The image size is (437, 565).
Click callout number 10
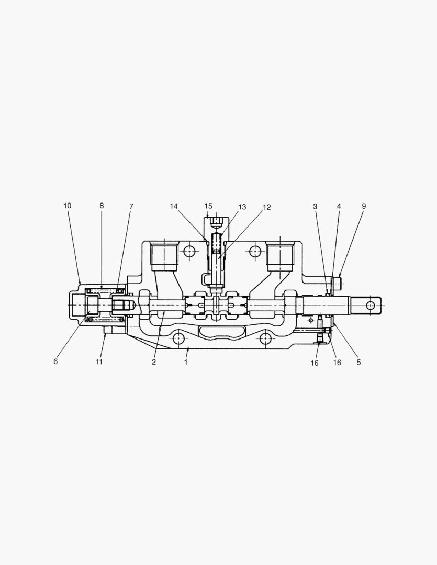point(68,206)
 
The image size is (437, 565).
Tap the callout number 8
point(102,206)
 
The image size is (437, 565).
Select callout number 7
point(131,206)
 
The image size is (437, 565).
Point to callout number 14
point(174,206)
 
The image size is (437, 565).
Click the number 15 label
point(208,206)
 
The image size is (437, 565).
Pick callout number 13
point(242,207)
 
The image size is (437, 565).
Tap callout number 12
point(266,207)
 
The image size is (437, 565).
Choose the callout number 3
point(315,206)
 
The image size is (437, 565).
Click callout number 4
point(339,206)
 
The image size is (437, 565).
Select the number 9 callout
point(364,206)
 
